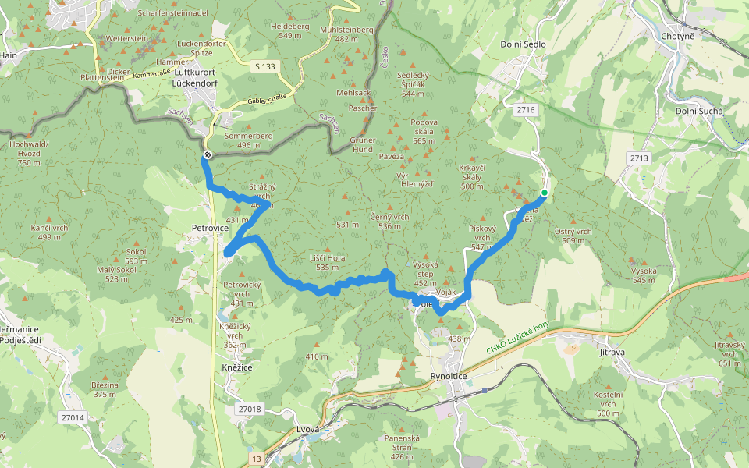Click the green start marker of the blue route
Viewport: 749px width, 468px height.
pos(544,193)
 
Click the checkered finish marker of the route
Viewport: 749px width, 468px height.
pos(208,155)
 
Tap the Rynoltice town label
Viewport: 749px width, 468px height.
pos(449,376)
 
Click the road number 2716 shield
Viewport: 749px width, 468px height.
pos(526,110)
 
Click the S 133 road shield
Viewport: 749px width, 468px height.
pos(265,67)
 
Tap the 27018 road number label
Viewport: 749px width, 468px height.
pos(250,409)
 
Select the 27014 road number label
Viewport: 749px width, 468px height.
pos(72,418)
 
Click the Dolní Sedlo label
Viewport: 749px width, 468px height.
pos(524,44)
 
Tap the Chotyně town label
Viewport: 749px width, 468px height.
pos(676,37)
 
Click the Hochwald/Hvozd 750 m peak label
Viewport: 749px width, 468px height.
pos(29,153)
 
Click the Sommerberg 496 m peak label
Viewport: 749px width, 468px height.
pos(247,140)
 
